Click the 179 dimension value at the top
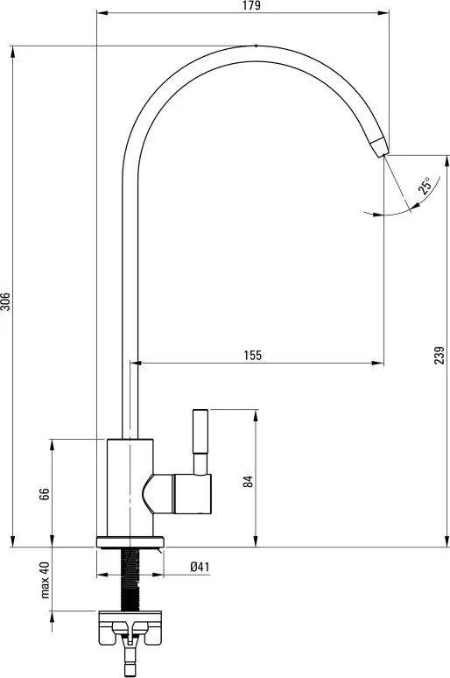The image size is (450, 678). (254, 6)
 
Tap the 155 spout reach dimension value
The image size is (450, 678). (253, 355)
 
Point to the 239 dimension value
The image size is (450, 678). (439, 354)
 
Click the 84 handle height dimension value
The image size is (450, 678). (248, 481)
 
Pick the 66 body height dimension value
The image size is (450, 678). (44, 494)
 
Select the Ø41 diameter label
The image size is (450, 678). (200, 568)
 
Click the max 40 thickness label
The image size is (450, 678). (44, 580)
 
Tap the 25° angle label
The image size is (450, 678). (425, 185)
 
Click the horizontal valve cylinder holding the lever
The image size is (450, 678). (191, 492)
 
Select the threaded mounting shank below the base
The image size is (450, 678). (130, 578)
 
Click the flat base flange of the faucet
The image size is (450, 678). (130, 541)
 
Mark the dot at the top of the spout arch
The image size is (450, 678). (254, 45)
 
